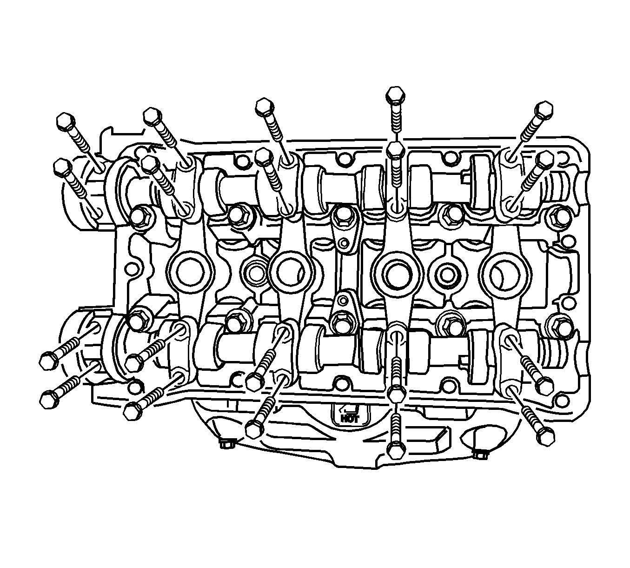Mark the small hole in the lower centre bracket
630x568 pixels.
(343, 299)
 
